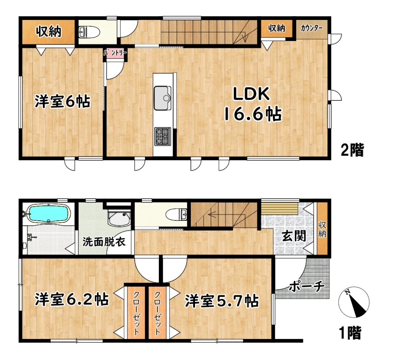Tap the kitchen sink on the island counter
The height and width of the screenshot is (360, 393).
[x=163, y=98]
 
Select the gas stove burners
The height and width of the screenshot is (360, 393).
[x=163, y=136]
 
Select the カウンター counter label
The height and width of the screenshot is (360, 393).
[x=311, y=28]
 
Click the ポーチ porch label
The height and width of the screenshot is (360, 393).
[x=307, y=286]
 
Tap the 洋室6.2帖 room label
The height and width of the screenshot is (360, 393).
[x=72, y=299]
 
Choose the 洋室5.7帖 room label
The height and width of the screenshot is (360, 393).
[x=222, y=301]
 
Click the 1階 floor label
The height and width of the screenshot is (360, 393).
[x=350, y=333]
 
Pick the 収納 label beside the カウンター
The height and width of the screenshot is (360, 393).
[x=277, y=28]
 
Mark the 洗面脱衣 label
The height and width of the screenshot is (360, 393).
[x=104, y=242]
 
